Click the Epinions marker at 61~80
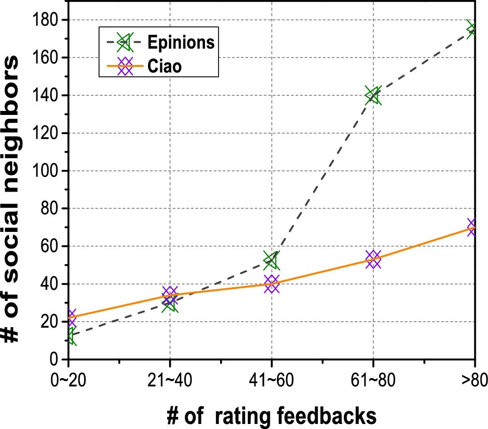(373, 95)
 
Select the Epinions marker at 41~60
(271, 261)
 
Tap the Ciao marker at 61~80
(373, 259)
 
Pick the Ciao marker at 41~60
(271, 284)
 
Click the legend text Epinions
(181, 43)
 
